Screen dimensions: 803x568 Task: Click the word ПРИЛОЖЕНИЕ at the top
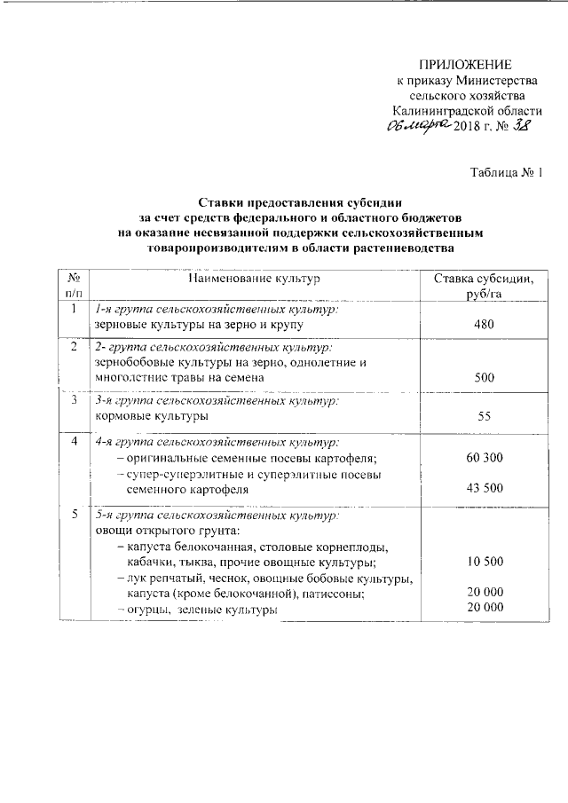[466, 65]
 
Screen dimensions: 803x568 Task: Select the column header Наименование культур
[253, 279]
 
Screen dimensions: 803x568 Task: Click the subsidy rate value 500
[484, 378]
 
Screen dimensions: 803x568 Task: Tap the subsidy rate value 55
[484, 415]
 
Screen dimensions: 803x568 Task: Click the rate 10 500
[484, 563]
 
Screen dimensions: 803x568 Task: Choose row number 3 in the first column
[74, 401]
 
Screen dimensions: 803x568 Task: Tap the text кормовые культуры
[152, 415]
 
